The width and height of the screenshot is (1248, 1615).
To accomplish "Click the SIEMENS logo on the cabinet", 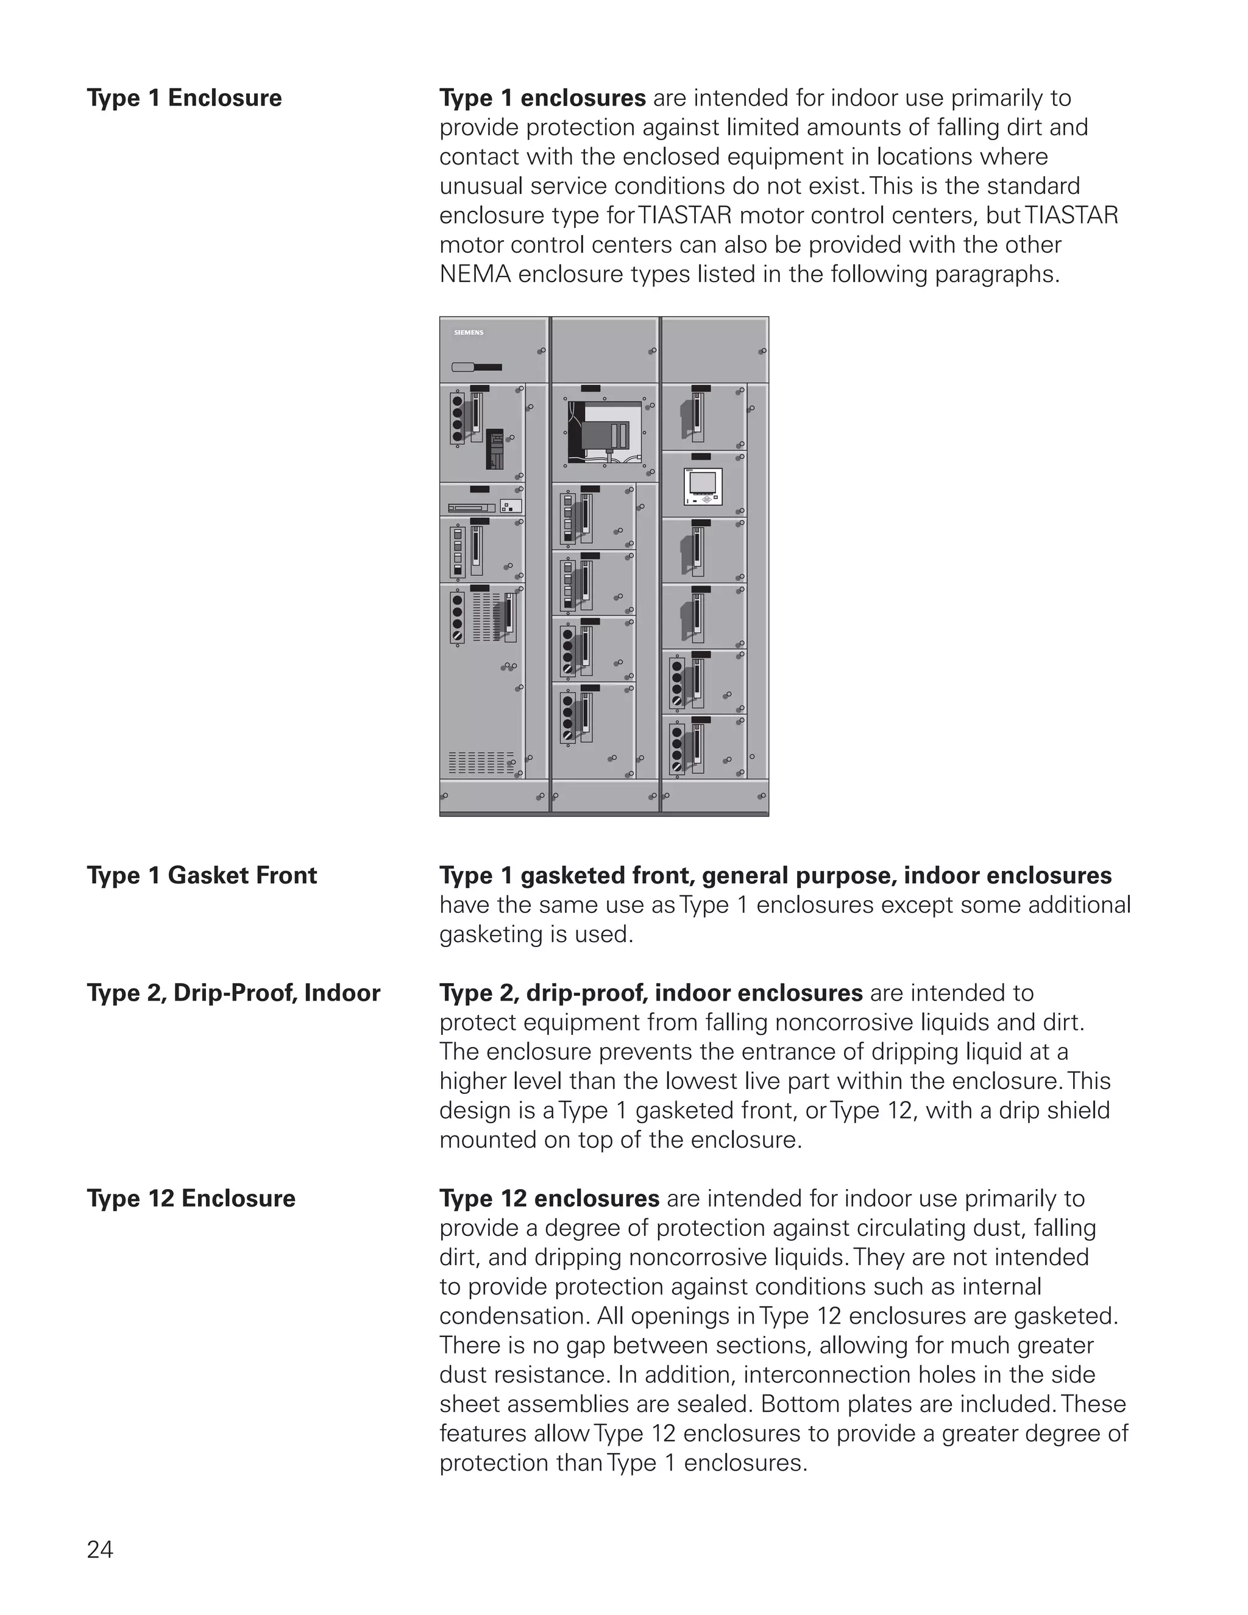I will point(468,333).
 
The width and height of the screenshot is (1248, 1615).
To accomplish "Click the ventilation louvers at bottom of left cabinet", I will point(481,762).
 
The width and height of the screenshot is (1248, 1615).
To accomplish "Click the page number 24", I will point(100,1549).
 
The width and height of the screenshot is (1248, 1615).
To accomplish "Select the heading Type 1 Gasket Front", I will point(202,876).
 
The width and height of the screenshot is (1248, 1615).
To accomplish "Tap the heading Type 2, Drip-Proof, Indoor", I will point(233,993).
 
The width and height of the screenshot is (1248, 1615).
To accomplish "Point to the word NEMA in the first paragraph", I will point(475,274).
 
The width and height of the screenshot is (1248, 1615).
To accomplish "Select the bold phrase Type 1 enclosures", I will point(542,98).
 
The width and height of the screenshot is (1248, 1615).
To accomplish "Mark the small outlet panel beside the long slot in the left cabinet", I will point(512,506).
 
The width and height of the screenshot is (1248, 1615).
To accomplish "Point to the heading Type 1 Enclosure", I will point(184,98).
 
